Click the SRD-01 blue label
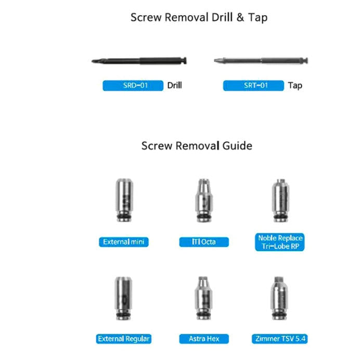pos(133,85)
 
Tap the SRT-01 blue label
pos(253,85)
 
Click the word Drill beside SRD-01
pos(174,85)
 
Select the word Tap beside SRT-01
pos(295,86)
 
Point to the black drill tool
pos(139,61)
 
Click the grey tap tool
pos(261,61)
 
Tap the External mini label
pos(124,242)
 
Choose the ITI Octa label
pos(204,242)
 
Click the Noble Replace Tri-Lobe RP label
pos(280,242)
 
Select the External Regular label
pos(123,339)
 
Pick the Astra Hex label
pos(204,339)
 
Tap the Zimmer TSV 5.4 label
pos(280,339)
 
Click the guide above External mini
pos(124,200)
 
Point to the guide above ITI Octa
pos(204,200)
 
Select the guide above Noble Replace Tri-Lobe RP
pos(280,200)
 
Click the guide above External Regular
pos(123,298)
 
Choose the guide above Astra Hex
pos(203,298)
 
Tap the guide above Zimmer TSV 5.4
pos(279,298)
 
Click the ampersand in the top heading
pos(240,18)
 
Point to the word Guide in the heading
pos(237,146)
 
